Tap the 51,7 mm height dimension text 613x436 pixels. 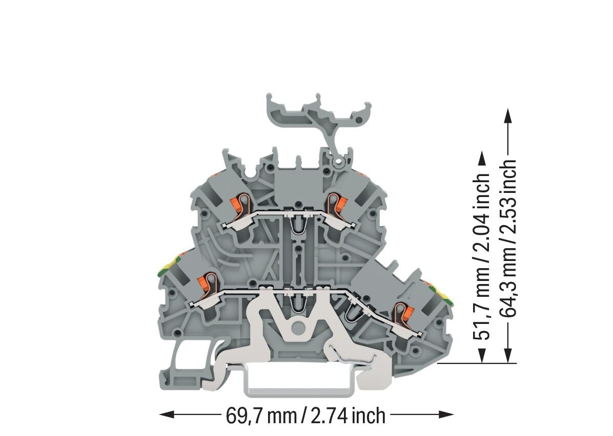coord(482,256)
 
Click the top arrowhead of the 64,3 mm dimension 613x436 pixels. coord(507,116)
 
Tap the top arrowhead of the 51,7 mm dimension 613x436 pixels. coord(482,159)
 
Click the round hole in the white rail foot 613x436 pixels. coord(298,328)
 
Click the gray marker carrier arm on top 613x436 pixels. coord(317,113)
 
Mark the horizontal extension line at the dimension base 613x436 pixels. coord(477,363)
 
